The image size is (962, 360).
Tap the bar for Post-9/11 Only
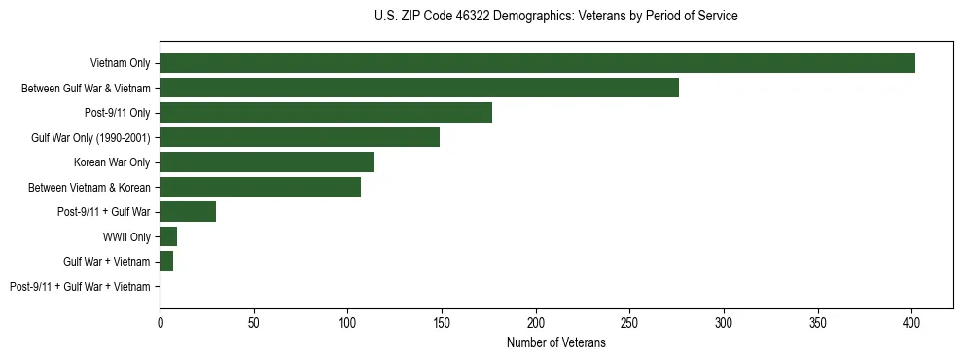click(x=326, y=113)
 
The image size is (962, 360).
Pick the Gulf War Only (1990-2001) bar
click(x=300, y=137)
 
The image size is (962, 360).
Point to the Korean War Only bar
click(x=267, y=162)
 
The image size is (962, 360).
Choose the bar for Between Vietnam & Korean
click(x=260, y=187)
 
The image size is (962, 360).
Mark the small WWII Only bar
click(x=168, y=236)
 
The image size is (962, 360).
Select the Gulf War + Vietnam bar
click(x=166, y=262)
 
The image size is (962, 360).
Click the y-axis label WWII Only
click(x=126, y=237)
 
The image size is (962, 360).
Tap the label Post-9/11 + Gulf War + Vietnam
click(x=80, y=287)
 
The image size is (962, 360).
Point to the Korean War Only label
click(x=112, y=162)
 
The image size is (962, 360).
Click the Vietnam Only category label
click(x=120, y=63)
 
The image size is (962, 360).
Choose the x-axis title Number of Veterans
click(x=555, y=342)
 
